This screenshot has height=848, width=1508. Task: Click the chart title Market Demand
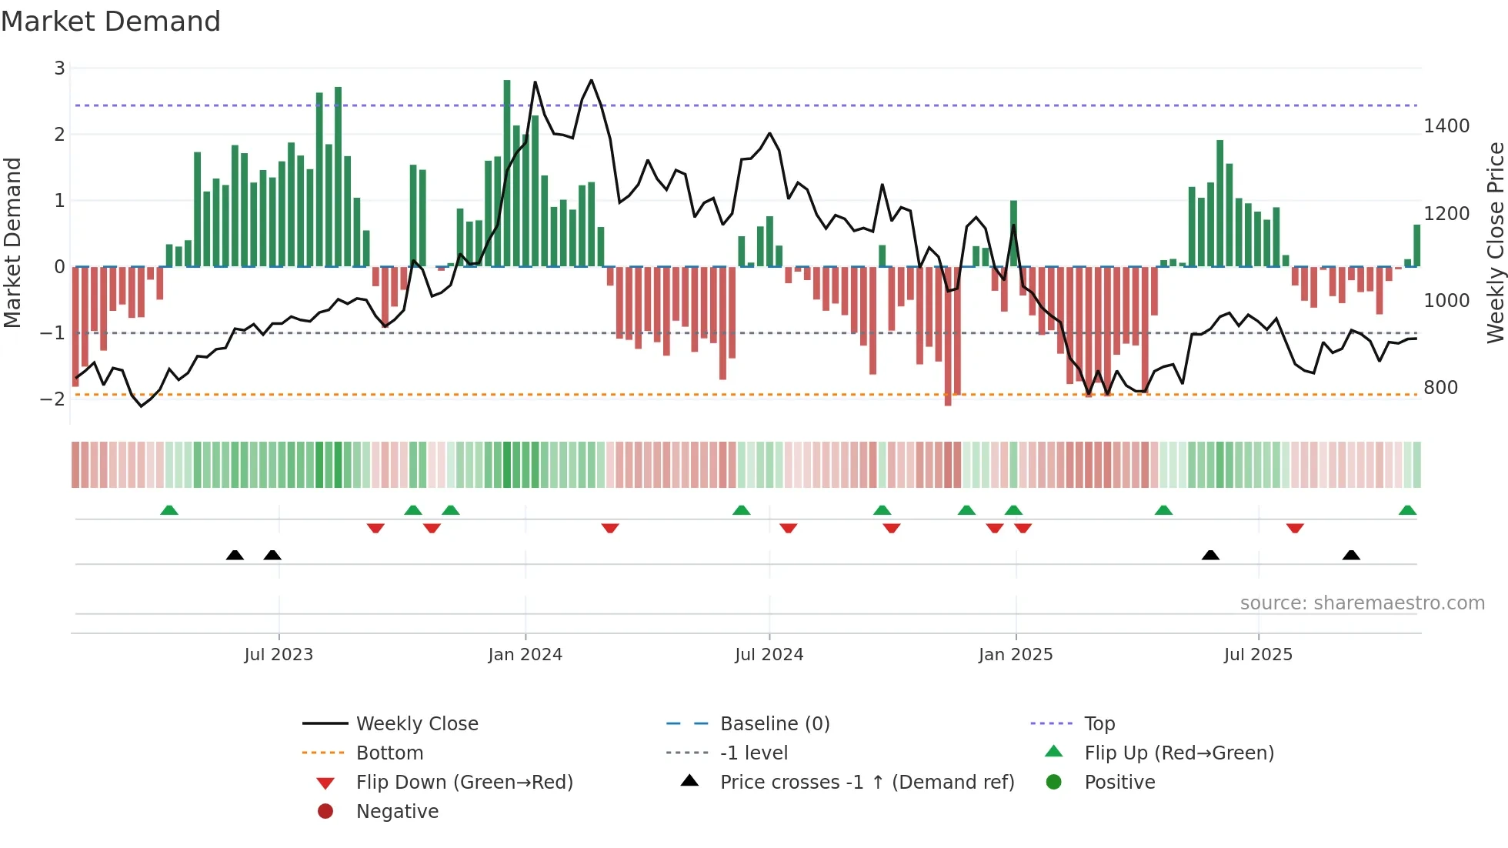click(x=111, y=22)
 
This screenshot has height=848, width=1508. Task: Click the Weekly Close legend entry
click(x=416, y=723)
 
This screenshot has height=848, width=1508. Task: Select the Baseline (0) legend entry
click(x=774, y=723)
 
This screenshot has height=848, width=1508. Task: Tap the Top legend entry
click(x=1099, y=723)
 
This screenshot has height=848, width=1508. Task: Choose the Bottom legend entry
click(x=389, y=753)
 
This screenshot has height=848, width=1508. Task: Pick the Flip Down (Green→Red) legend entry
click(x=464, y=782)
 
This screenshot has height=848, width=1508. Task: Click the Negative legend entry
click(x=397, y=811)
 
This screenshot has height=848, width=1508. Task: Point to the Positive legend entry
click(x=1119, y=782)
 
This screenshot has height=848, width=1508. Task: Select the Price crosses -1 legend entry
click(x=866, y=782)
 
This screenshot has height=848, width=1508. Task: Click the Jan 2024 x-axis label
click(x=525, y=654)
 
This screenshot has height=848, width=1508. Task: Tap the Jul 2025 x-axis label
click(x=1258, y=654)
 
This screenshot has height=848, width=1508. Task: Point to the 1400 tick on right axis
click(x=1446, y=125)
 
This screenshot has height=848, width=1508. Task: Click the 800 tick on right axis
click(x=1440, y=387)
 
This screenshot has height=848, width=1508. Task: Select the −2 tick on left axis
click(x=52, y=399)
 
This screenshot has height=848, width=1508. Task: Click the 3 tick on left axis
click(x=59, y=68)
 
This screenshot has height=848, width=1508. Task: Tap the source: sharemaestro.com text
click(x=1362, y=603)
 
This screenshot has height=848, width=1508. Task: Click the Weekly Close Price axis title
click(x=1495, y=242)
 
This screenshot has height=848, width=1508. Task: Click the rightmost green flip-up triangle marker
click(x=1407, y=510)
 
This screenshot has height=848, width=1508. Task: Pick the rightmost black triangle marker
click(x=1351, y=555)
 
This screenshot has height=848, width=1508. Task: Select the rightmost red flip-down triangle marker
click(x=1295, y=528)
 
